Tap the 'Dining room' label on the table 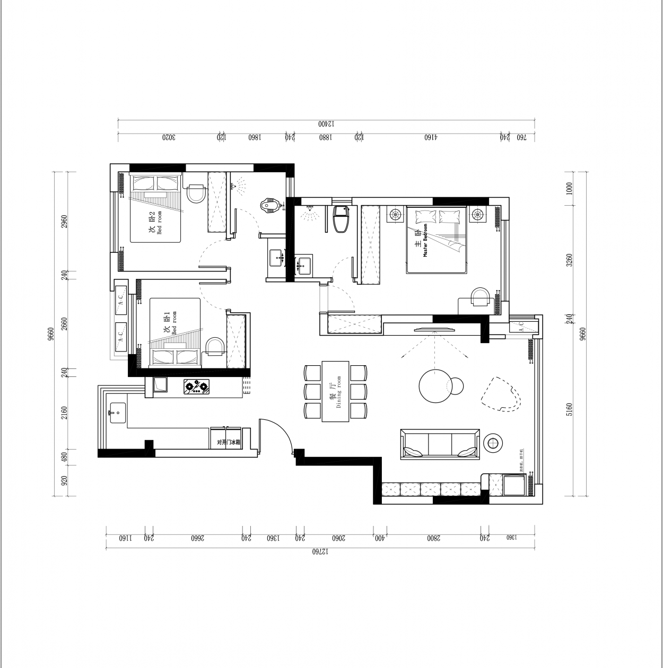(336, 392)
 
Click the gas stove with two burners (197, 386)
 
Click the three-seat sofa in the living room (440, 443)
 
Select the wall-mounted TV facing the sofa (434, 329)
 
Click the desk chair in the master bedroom (481, 297)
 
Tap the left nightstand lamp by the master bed (395, 215)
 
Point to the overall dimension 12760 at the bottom (320, 551)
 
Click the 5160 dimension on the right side (569, 409)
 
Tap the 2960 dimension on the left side (64, 222)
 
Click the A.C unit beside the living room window (521, 326)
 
